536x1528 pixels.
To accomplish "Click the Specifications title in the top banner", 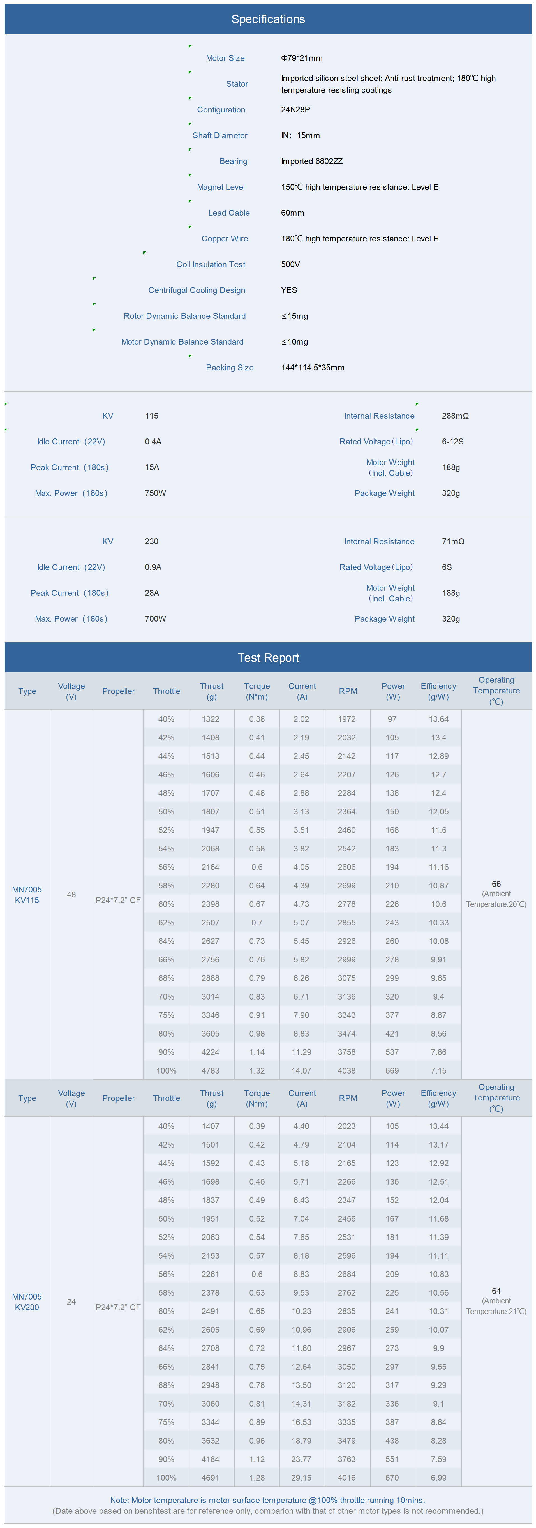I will (x=268, y=19).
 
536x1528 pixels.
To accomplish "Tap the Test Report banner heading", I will (x=268, y=658).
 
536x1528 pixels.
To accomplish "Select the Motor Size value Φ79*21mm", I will (x=302, y=58).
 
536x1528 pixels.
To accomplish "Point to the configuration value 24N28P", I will (x=295, y=110).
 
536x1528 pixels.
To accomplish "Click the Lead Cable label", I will (x=229, y=213).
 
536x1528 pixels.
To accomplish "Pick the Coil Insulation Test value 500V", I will (x=290, y=265).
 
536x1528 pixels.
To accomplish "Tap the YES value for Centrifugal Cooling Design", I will (x=289, y=290).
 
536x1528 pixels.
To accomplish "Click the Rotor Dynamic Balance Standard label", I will (x=184, y=316).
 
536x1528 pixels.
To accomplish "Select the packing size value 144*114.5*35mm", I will (x=313, y=368).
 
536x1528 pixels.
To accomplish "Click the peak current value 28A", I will (x=152, y=593).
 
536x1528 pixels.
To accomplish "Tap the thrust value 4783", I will (x=211, y=1071).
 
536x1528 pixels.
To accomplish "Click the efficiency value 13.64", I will (x=439, y=719).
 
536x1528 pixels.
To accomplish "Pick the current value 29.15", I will (x=301, y=1478).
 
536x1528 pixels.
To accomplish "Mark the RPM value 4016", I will (x=347, y=1478).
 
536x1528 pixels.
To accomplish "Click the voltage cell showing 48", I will (x=71, y=894).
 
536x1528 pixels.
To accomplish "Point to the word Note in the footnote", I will (x=119, y=1500).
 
